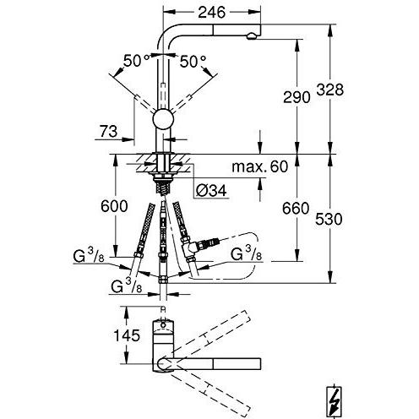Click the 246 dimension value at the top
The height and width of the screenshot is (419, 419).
pos(212,12)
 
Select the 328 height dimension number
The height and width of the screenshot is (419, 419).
pos(330,90)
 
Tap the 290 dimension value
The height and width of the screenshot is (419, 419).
pos(297,97)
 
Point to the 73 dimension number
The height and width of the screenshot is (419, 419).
pos(108,131)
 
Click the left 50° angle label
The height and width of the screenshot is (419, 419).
pos(136,61)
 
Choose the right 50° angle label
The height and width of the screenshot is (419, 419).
pos(193,62)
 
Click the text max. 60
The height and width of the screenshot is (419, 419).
pos(259,166)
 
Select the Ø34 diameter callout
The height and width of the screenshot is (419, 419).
pos(211,191)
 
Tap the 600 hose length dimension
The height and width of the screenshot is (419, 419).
pos(114,206)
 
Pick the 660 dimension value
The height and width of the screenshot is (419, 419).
pos(296,209)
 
